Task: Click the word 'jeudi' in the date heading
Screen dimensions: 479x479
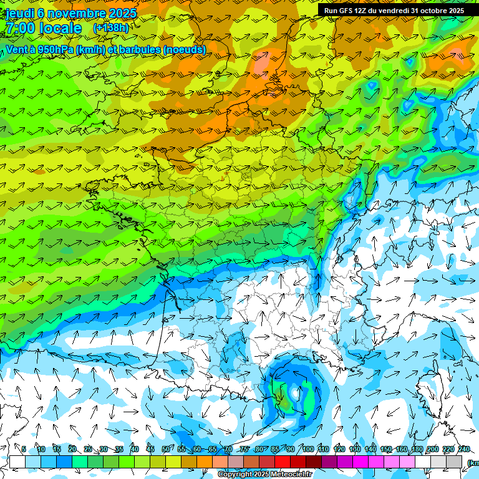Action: (x=19, y=13)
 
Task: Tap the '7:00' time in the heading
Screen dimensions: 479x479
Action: (x=19, y=28)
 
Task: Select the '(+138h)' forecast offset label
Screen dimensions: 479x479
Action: (x=111, y=27)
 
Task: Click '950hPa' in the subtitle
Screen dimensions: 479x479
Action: (x=55, y=49)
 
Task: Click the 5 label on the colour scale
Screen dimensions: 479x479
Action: (x=24, y=449)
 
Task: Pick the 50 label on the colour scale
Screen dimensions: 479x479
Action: (x=165, y=449)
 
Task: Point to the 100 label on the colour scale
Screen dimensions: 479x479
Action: (x=307, y=449)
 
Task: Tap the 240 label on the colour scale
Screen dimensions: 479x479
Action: (x=464, y=449)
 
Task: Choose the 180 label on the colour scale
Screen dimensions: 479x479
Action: (x=417, y=449)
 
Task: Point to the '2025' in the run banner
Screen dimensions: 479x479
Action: (x=452, y=10)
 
